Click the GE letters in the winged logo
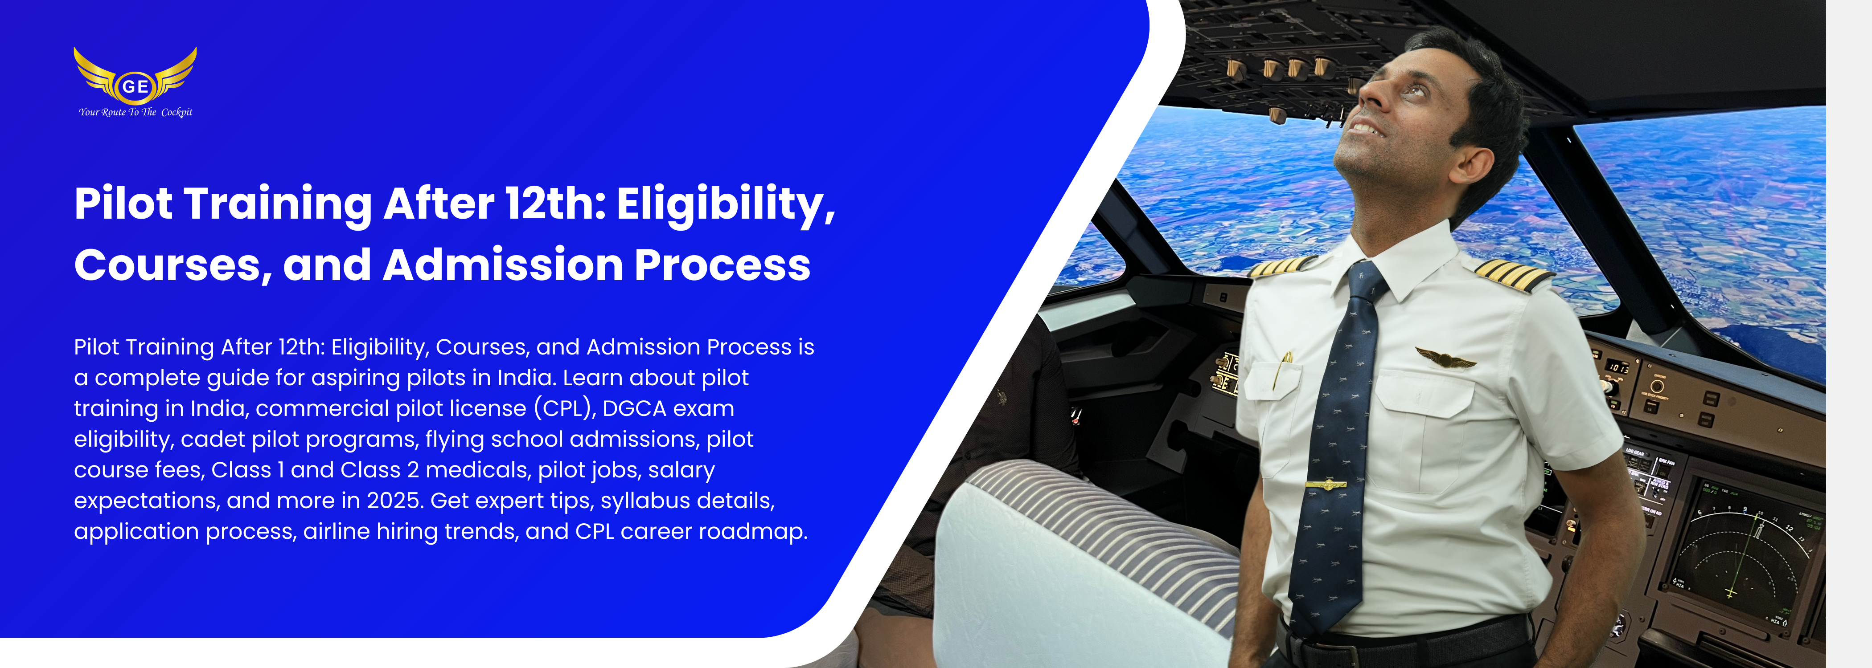(x=135, y=86)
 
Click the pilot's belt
(x=1403, y=639)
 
